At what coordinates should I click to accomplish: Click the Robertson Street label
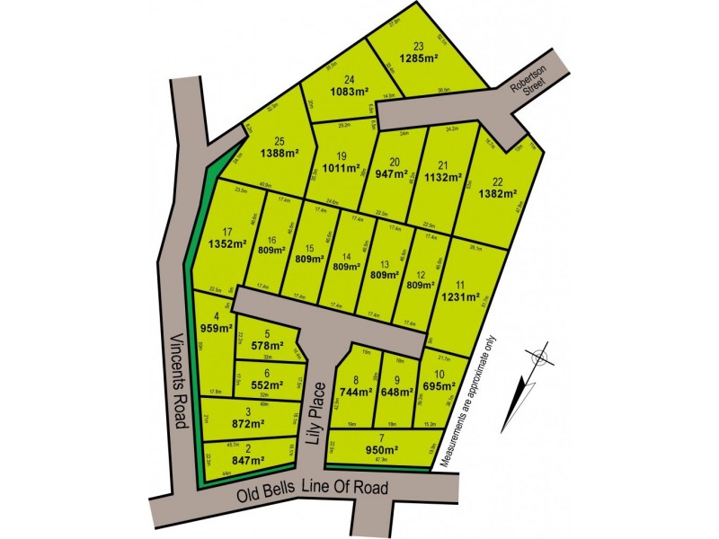pos(528,89)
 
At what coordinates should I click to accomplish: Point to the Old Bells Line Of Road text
pos(313,490)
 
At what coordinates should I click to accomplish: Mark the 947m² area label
pos(394,176)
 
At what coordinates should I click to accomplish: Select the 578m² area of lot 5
pos(266,344)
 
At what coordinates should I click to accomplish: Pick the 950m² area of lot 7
pos(381,449)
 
